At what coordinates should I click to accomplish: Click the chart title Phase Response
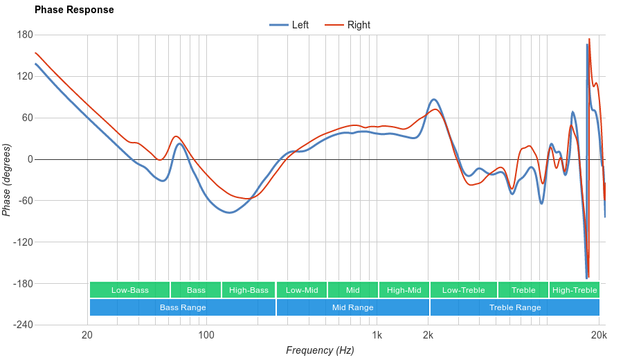(x=74, y=10)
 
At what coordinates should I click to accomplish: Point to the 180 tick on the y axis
(x=25, y=35)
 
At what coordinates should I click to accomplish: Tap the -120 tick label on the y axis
(x=22, y=242)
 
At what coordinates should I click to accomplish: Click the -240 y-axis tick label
(x=22, y=325)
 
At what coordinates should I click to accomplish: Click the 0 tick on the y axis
(x=29, y=159)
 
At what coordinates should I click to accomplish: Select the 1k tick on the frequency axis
(x=377, y=336)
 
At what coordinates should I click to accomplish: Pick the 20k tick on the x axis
(x=599, y=336)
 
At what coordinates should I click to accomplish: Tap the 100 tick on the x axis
(x=206, y=336)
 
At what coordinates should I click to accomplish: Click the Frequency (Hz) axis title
(x=320, y=350)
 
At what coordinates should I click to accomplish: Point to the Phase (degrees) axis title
(x=7, y=180)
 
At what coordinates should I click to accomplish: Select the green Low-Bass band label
(x=129, y=290)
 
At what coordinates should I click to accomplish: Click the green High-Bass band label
(x=249, y=290)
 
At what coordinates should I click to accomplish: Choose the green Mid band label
(x=353, y=290)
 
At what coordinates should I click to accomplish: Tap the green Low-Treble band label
(x=463, y=290)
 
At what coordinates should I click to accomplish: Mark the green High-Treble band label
(x=575, y=290)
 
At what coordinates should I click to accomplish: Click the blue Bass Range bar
(x=183, y=307)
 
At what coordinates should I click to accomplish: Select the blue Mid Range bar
(x=353, y=307)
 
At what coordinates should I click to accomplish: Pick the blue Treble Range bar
(x=515, y=307)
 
